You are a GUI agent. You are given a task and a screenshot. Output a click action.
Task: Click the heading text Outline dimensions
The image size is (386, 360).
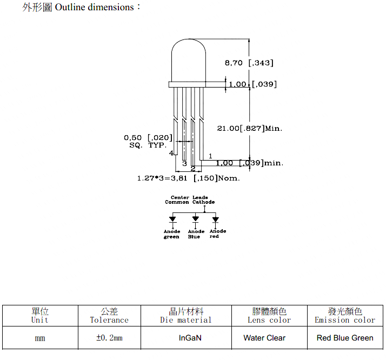coord(94,7)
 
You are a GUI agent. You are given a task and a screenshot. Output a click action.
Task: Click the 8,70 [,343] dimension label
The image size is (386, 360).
coord(249,63)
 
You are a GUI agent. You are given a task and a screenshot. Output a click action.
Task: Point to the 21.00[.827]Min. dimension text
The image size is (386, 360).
coord(250,128)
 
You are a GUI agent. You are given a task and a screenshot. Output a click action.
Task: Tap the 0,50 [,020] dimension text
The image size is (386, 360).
coord(148,137)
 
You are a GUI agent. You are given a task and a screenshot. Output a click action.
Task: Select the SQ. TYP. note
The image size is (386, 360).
coord(148,145)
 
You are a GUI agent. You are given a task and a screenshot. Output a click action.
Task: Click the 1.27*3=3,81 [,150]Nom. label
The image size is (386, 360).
coord(188,178)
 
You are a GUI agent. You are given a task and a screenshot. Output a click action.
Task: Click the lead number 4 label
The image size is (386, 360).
coord(171,153)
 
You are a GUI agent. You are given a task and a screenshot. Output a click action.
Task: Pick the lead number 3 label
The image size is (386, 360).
coord(185,163)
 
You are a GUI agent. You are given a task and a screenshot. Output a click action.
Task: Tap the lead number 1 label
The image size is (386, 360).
coord(210,156)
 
